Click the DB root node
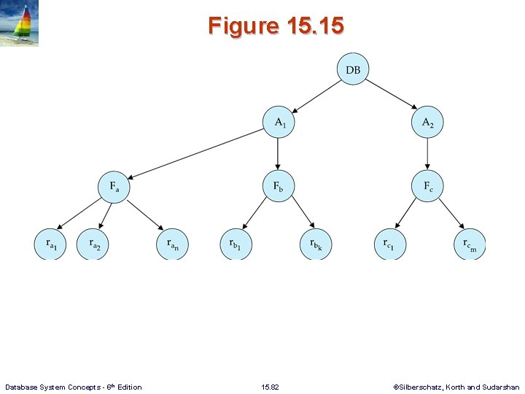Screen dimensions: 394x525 tap(353, 69)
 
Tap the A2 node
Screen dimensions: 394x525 tap(427, 123)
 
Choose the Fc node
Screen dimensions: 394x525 tap(427, 186)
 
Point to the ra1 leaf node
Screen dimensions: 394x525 tap(50, 244)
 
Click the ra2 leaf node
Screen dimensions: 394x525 tap(93, 244)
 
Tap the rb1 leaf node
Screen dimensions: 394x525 tap(236, 244)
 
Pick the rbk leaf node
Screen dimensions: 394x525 tap(316, 244)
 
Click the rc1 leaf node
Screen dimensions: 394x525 tap(389, 244)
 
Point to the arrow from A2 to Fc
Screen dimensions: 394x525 tap(427, 154)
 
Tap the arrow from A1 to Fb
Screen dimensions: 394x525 tap(278, 154)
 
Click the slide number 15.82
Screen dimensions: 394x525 tap(270, 387)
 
